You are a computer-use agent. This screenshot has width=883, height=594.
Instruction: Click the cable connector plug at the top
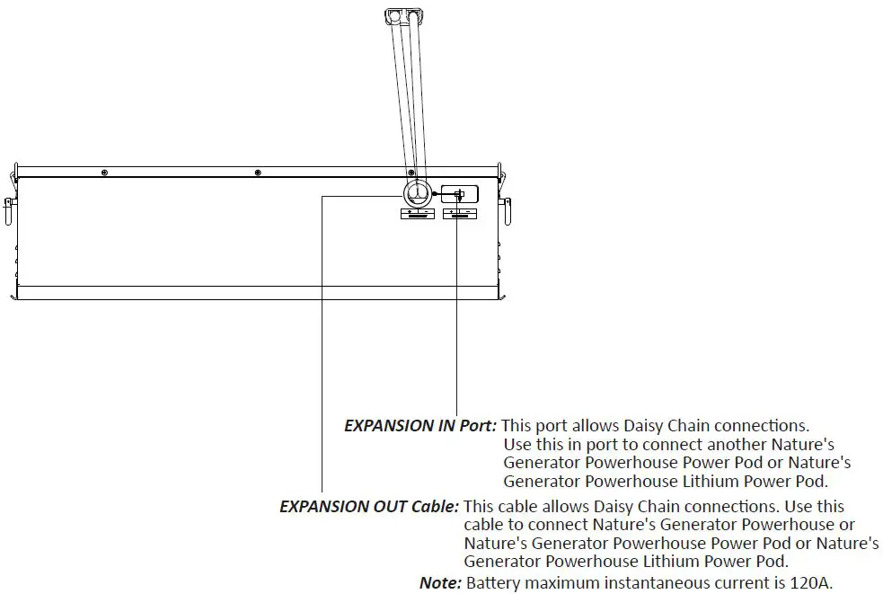click(403, 15)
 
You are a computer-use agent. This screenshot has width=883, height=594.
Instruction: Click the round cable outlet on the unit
click(416, 193)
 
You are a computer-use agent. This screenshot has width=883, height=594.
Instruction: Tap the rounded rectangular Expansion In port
click(458, 194)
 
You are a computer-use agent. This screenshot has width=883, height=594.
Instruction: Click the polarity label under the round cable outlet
click(416, 214)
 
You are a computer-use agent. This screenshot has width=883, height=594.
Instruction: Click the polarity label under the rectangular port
click(459, 214)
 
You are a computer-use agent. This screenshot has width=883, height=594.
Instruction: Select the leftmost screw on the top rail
click(104, 171)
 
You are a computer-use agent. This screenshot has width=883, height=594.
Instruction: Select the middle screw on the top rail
click(257, 171)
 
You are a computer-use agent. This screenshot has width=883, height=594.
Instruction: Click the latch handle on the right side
click(507, 210)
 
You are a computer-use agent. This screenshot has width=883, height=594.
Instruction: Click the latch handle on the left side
click(9, 210)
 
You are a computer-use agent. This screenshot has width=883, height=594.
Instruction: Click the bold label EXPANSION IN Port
click(419, 426)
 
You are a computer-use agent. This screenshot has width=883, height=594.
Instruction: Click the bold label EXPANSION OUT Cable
click(369, 507)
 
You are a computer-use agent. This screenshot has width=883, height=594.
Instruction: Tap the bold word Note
click(440, 583)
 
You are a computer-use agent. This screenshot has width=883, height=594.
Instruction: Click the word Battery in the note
click(493, 583)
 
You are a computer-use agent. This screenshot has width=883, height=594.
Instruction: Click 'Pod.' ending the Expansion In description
click(809, 482)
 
